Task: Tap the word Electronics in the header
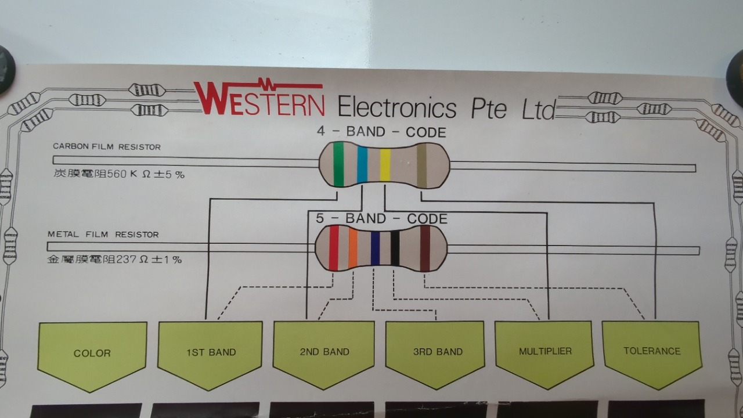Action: point(397,107)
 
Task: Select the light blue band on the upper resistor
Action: point(362,165)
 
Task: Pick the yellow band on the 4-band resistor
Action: point(385,165)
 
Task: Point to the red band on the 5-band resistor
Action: point(334,248)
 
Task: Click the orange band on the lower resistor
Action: point(352,248)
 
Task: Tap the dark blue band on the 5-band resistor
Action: point(375,248)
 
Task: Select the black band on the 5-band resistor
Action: point(395,248)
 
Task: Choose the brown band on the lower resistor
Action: point(425,248)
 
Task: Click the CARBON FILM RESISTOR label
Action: point(107,147)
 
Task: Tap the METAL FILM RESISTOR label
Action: point(103,235)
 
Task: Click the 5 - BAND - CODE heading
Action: point(381,219)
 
